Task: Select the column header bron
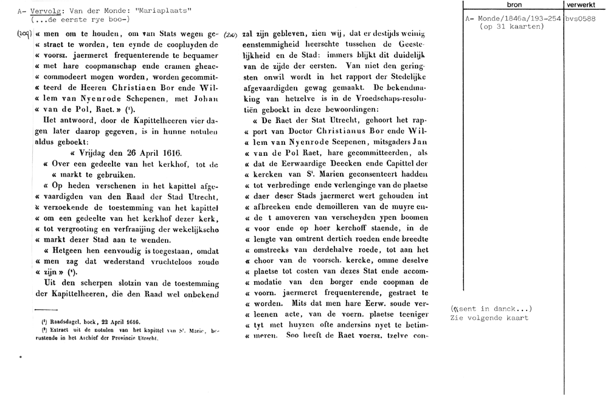click(x=514, y=5)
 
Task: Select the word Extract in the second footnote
click(x=55, y=330)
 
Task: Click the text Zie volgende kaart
click(x=489, y=318)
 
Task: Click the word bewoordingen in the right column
click(x=350, y=110)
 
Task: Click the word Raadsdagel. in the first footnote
click(x=58, y=321)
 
